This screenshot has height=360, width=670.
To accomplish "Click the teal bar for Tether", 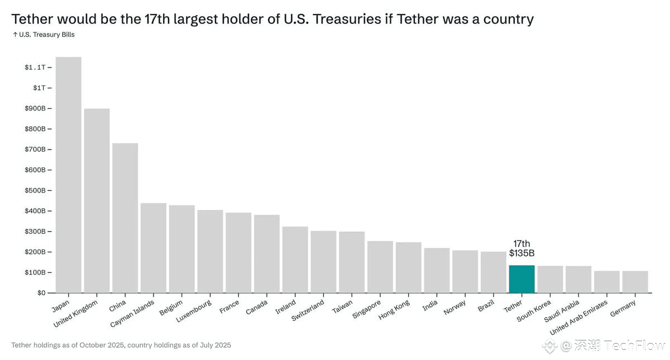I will tap(521, 279).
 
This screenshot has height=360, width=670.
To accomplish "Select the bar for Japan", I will tap(68, 175).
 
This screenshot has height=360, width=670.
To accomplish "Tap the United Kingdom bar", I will tap(97, 200).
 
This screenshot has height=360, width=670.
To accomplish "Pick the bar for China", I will tap(125, 218).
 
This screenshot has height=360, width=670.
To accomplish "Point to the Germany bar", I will tap(635, 282).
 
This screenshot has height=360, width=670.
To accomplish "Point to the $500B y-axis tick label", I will tap(35, 190).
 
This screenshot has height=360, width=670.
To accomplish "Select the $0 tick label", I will tap(42, 293).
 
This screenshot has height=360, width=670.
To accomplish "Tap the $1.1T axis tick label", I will tap(35, 67).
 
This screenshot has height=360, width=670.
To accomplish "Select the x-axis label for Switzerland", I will tap(308, 310).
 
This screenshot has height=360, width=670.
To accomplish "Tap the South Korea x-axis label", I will tap(534, 311).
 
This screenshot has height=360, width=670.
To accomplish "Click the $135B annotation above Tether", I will tap(521, 253).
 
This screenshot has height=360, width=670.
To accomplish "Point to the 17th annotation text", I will tap(521, 244).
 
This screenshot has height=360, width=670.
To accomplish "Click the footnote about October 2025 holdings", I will tap(121, 345).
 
